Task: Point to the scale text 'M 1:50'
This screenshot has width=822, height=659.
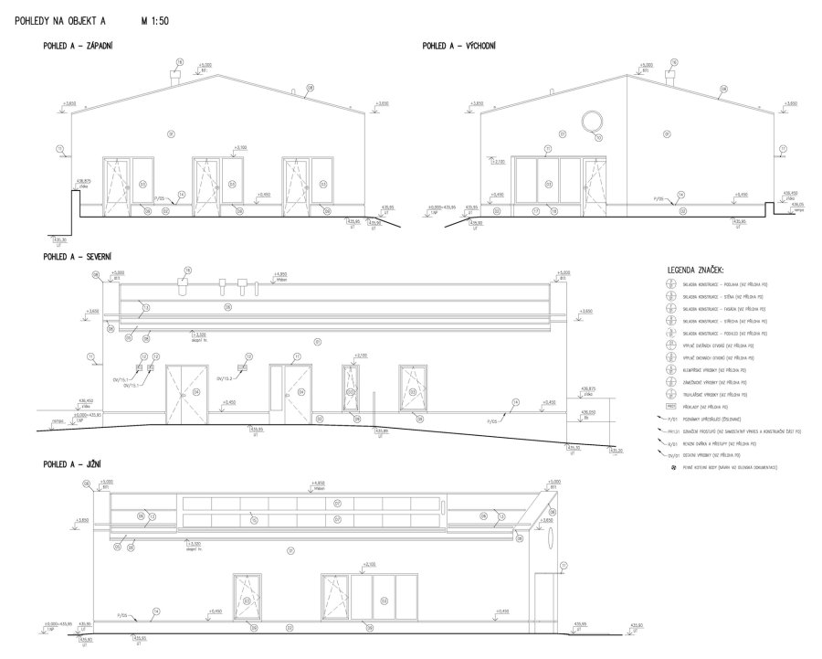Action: (157, 18)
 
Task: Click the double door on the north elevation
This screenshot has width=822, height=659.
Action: (182, 395)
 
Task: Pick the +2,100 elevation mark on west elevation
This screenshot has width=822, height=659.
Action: (240, 147)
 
